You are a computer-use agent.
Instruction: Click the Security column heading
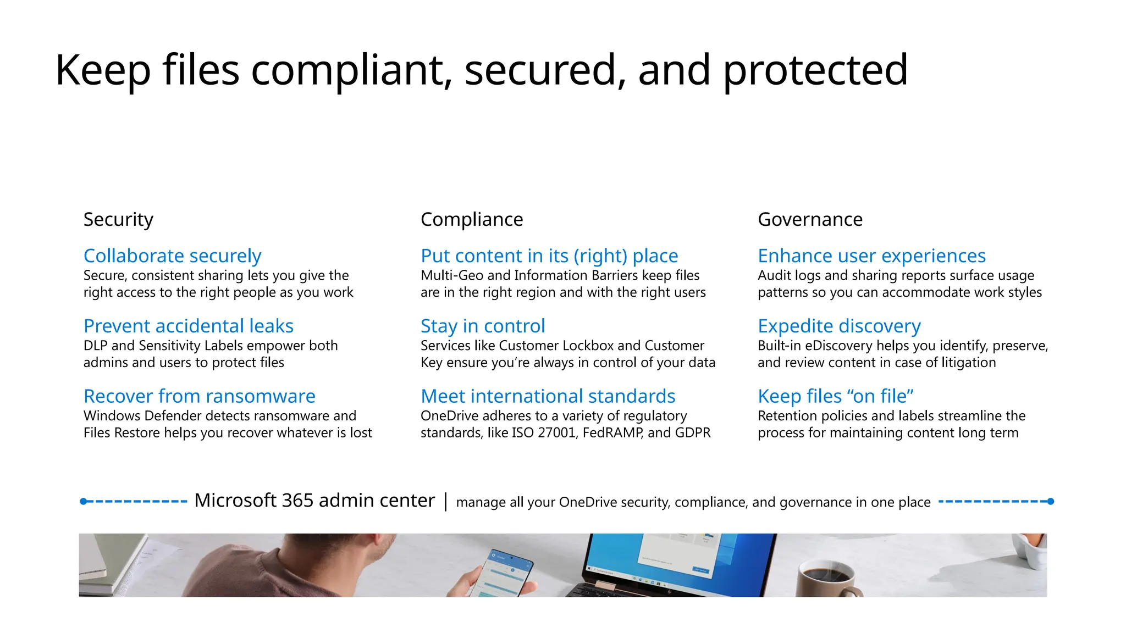point(118,220)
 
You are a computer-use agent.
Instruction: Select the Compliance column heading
point(472,220)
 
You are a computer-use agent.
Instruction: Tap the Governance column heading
point(810,220)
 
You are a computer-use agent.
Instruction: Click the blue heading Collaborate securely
point(172,256)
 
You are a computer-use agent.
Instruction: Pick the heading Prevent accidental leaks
point(188,326)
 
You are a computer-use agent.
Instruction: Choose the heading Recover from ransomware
point(199,396)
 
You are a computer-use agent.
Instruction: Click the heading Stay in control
point(483,326)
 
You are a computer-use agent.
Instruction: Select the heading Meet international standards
point(548,396)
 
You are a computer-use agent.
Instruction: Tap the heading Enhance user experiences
point(871,256)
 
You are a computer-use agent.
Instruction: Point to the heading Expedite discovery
point(839,326)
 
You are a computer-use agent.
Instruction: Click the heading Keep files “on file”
point(835,396)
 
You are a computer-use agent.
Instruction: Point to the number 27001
point(556,433)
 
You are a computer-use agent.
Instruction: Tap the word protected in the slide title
point(815,70)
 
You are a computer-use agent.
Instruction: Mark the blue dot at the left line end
point(83,501)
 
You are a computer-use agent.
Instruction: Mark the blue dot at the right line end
point(1051,501)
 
